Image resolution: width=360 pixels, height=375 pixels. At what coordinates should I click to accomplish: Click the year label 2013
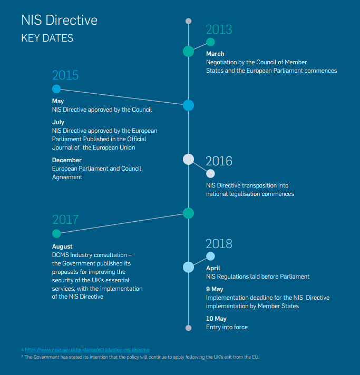tap(219, 29)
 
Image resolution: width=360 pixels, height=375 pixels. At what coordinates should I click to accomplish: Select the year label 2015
tap(65, 75)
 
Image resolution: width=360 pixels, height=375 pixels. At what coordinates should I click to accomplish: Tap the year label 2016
tap(219, 161)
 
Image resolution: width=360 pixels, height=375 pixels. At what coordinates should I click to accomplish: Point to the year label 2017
tap(65, 220)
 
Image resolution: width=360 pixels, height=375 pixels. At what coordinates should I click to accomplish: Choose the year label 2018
tap(219, 244)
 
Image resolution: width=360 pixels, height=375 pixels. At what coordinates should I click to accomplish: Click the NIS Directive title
tap(60, 20)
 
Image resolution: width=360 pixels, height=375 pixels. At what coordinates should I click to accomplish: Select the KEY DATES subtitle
tap(47, 38)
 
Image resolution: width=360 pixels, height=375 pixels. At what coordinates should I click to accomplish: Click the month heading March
tap(215, 54)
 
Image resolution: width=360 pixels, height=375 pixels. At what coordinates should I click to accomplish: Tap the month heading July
tap(58, 122)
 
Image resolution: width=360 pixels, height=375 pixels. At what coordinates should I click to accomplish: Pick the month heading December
tap(67, 160)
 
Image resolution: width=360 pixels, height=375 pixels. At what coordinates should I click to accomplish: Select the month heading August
tap(62, 246)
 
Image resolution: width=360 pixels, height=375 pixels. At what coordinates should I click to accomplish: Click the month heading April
tap(213, 268)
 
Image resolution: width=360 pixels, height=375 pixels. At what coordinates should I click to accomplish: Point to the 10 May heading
tap(216, 319)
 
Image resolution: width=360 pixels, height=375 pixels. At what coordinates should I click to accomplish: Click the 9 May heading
tap(215, 289)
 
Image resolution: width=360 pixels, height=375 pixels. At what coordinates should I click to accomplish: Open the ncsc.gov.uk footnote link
tap(87, 350)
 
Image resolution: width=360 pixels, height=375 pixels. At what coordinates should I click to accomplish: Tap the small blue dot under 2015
tap(56, 89)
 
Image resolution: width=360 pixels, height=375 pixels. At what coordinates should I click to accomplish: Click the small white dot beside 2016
tap(210, 174)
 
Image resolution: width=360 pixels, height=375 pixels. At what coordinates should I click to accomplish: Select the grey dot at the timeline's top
tap(188, 21)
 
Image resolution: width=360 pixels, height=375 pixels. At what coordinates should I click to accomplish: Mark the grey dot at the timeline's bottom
tap(188, 328)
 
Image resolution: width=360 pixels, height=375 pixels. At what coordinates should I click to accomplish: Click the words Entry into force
tap(227, 327)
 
